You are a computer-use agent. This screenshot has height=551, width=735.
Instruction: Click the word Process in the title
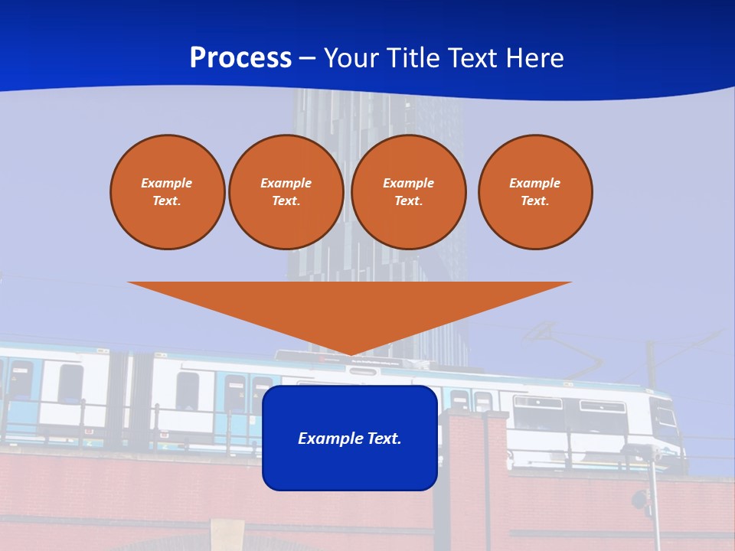(240, 58)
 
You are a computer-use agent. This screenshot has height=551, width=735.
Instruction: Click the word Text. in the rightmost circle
(534, 201)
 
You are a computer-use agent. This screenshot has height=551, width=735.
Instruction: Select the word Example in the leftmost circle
(167, 183)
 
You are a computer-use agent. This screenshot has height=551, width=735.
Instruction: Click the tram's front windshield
(665, 417)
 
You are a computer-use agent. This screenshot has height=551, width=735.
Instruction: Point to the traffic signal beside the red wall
(639, 501)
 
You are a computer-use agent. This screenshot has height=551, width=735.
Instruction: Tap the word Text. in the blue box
(383, 439)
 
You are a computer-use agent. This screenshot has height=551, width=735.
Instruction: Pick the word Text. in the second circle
(286, 201)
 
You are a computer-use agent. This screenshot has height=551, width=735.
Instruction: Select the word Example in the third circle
(408, 183)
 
